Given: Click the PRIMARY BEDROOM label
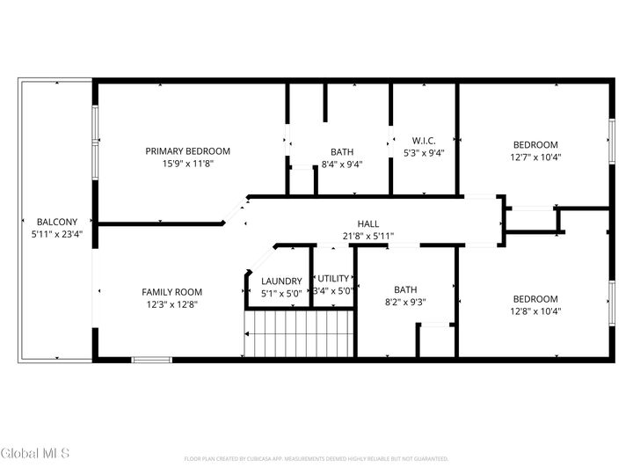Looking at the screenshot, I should [x=187, y=150].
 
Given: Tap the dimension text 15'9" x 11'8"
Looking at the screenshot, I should [x=187, y=164].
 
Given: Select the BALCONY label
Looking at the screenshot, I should [x=57, y=222].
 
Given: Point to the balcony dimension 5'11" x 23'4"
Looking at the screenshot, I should [x=57, y=235].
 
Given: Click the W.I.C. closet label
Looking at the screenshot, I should [x=424, y=141].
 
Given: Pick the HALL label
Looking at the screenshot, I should [x=367, y=223].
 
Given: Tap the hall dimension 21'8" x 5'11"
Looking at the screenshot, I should [x=367, y=236].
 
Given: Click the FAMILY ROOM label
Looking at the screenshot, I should [x=172, y=292].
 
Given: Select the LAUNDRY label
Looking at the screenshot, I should [x=281, y=281].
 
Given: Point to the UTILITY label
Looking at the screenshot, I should [x=334, y=278].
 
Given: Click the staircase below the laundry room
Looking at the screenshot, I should [x=299, y=334].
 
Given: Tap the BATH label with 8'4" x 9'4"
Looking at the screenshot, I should [x=342, y=151].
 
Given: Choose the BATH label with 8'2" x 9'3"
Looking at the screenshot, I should [x=405, y=289].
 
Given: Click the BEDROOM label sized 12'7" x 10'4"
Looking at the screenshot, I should [x=535, y=145].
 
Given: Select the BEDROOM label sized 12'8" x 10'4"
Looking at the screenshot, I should [x=535, y=298].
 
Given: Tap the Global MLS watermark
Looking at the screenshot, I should [x=34, y=453].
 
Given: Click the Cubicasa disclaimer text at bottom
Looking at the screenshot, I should [x=316, y=459].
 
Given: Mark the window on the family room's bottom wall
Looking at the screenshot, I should [x=151, y=359].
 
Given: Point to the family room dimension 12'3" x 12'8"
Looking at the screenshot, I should [x=172, y=305].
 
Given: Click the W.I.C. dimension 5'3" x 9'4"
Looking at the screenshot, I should [x=424, y=153].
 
